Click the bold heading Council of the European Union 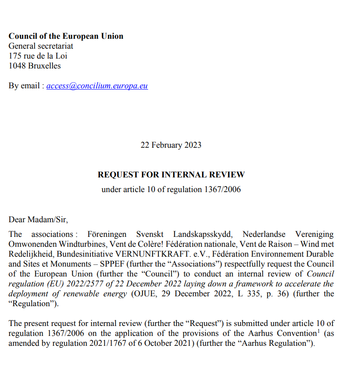(x=66, y=36)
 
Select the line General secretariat (x=41, y=46)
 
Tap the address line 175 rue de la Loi (x=38, y=56)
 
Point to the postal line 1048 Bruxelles (x=34, y=66)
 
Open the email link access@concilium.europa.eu (x=97, y=86)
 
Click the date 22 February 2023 (x=171, y=145)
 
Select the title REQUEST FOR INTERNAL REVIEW (x=171, y=175)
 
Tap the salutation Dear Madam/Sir (x=38, y=220)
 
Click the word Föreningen (x=107, y=234)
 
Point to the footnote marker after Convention (x=318, y=331)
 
